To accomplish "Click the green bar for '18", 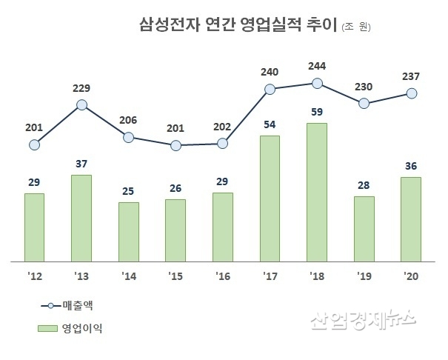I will pyautogui.click(x=317, y=193).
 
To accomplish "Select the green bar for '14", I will pyautogui.click(x=128, y=233).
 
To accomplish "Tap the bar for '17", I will pyautogui.click(x=270, y=199).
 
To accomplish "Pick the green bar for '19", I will pyautogui.click(x=364, y=230).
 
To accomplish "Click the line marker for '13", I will pyautogui.click(x=81, y=105).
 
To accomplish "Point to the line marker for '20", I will pyautogui.click(x=411, y=93).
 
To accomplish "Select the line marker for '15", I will pyautogui.click(x=175, y=145).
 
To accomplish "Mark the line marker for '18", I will pyautogui.click(x=317, y=84).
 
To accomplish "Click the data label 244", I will pyautogui.click(x=317, y=65).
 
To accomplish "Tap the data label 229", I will pyautogui.click(x=81, y=87).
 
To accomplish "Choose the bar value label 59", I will pyautogui.click(x=317, y=113).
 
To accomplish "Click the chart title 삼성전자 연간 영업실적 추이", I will pyautogui.click(x=238, y=26).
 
